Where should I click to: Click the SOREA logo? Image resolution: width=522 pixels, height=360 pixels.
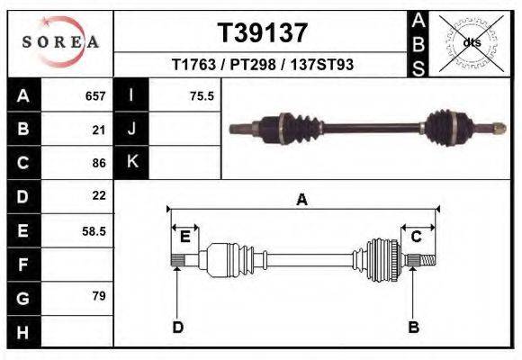pos(59,42)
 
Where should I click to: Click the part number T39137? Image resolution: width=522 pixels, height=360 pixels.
pos(263,33)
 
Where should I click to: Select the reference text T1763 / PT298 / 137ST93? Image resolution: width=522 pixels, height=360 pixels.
pos(262,66)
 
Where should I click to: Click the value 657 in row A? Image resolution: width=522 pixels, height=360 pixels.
pos(95,95)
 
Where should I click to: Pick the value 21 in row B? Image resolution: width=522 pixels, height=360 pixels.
pos(99,130)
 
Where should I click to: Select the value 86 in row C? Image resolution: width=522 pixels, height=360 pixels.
pos(99,163)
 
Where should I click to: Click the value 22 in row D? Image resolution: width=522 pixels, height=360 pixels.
pos(99,195)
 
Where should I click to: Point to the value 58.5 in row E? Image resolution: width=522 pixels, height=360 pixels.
pos(94,230)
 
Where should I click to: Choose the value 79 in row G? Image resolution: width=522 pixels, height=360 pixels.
pos(99,295)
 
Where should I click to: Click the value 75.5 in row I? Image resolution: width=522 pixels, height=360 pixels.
pos(202,95)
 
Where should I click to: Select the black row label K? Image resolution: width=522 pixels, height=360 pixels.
pos(131,162)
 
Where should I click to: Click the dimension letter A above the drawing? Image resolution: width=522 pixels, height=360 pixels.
pos(302,200)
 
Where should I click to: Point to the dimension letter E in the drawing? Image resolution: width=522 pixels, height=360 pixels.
pos(184,237)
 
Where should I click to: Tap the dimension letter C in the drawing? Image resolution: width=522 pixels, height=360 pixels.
pos(417,237)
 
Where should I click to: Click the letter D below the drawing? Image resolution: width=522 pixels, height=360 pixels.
pos(177,327)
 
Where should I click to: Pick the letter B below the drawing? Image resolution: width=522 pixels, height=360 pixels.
pos(414,327)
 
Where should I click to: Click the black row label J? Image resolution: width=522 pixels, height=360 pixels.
pos(131,129)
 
